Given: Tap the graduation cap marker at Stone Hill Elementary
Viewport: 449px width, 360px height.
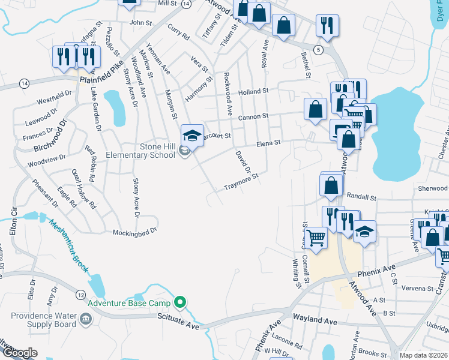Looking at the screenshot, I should click(192, 135).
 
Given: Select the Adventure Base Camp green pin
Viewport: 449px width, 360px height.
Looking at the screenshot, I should click(179, 302).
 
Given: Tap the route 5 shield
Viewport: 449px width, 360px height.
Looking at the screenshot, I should click(318, 48).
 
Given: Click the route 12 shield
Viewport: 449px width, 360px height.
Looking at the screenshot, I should click(80, 295).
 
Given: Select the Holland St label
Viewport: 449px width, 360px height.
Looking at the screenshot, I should click(253, 92).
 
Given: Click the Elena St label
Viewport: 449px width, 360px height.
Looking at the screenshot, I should click(269, 143).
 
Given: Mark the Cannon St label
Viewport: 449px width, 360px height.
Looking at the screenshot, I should click(252, 117).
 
